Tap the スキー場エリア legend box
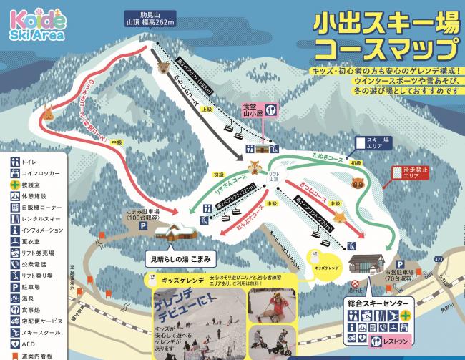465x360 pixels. (x=376, y=144)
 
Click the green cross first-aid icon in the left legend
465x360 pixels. (x=13, y=185)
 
